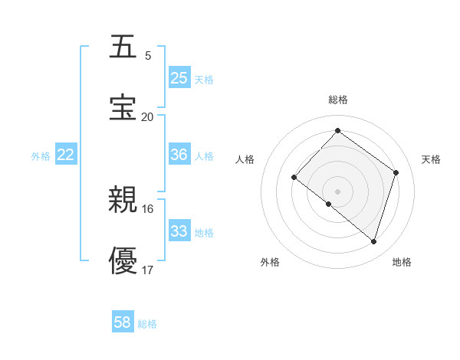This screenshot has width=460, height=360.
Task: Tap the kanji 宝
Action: (123, 108)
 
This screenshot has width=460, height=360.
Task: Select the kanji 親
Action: (123, 201)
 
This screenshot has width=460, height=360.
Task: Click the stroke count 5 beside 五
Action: (148, 56)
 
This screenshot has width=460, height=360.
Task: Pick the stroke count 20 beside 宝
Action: (148, 117)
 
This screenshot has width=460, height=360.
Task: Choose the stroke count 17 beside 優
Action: (148, 270)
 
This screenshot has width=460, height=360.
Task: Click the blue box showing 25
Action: (179, 78)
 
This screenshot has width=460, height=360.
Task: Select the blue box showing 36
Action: (179, 155)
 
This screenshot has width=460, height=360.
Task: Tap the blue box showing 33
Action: (179, 231)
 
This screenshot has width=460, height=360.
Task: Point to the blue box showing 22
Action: (66, 155)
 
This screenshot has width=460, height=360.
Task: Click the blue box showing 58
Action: (123, 322)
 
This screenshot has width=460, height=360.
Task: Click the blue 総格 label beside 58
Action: (147, 324)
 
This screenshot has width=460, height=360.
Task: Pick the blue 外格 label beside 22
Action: (41, 156)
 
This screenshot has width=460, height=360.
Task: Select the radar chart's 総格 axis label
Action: (337, 100)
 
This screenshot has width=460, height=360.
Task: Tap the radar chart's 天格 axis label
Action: (431, 159)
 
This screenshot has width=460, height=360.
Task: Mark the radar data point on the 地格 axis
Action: (374, 241)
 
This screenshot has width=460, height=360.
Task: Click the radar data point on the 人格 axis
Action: (294, 177)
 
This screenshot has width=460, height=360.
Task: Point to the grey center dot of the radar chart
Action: (337, 191)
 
